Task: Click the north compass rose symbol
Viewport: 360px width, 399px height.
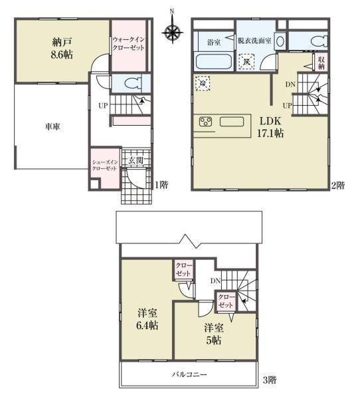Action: (x=172, y=31)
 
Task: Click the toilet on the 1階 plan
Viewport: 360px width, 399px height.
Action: (x=134, y=84)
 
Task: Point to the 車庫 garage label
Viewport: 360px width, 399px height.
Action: (x=53, y=127)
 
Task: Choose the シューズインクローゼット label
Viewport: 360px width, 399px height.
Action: (x=104, y=165)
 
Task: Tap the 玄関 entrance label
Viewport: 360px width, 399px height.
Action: (x=135, y=160)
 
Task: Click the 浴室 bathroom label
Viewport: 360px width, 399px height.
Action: (x=213, y=41)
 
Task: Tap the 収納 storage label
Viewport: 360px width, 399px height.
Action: (x=321, y=63)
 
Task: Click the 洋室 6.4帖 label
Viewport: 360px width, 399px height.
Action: (x=147, y=319)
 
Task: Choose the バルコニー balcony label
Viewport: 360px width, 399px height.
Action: (x=189, y=375)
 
